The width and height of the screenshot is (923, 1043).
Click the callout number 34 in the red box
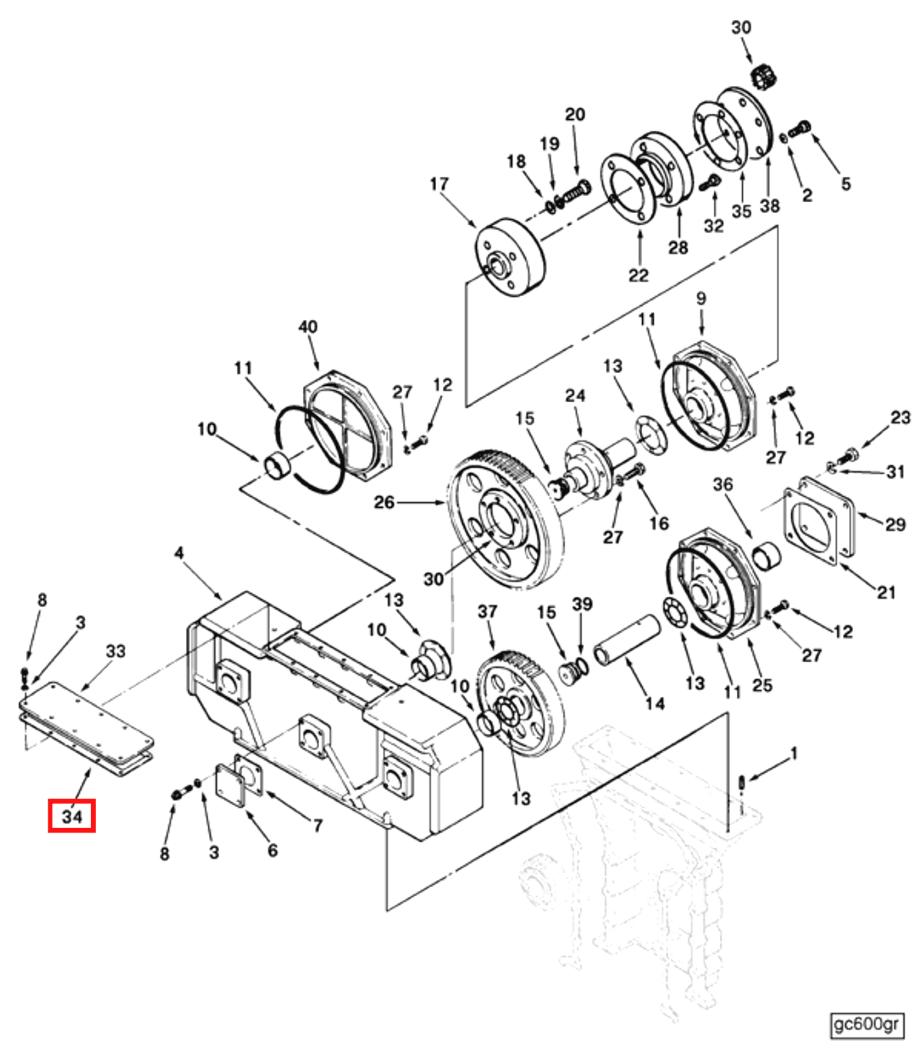click(71, 816)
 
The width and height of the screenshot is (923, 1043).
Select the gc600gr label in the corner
click(866, 1024)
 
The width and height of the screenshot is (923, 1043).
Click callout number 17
click(439, 184)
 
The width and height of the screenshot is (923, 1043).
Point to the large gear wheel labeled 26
click(505, 519)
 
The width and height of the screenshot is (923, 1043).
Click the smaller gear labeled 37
click(519, 703)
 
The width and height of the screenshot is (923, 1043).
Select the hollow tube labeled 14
click(626, 641)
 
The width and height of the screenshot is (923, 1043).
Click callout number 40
click(308, 327)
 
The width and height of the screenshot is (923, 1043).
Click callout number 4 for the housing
click(179, 553)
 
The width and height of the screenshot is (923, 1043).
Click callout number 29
click(895, 524)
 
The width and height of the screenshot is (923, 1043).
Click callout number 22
click(638, 275)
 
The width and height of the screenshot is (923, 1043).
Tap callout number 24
click(575, 395)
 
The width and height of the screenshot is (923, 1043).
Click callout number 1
click(793, 754)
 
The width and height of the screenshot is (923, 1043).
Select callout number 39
click(582, 603)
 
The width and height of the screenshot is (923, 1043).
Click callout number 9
click(701, 298)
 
